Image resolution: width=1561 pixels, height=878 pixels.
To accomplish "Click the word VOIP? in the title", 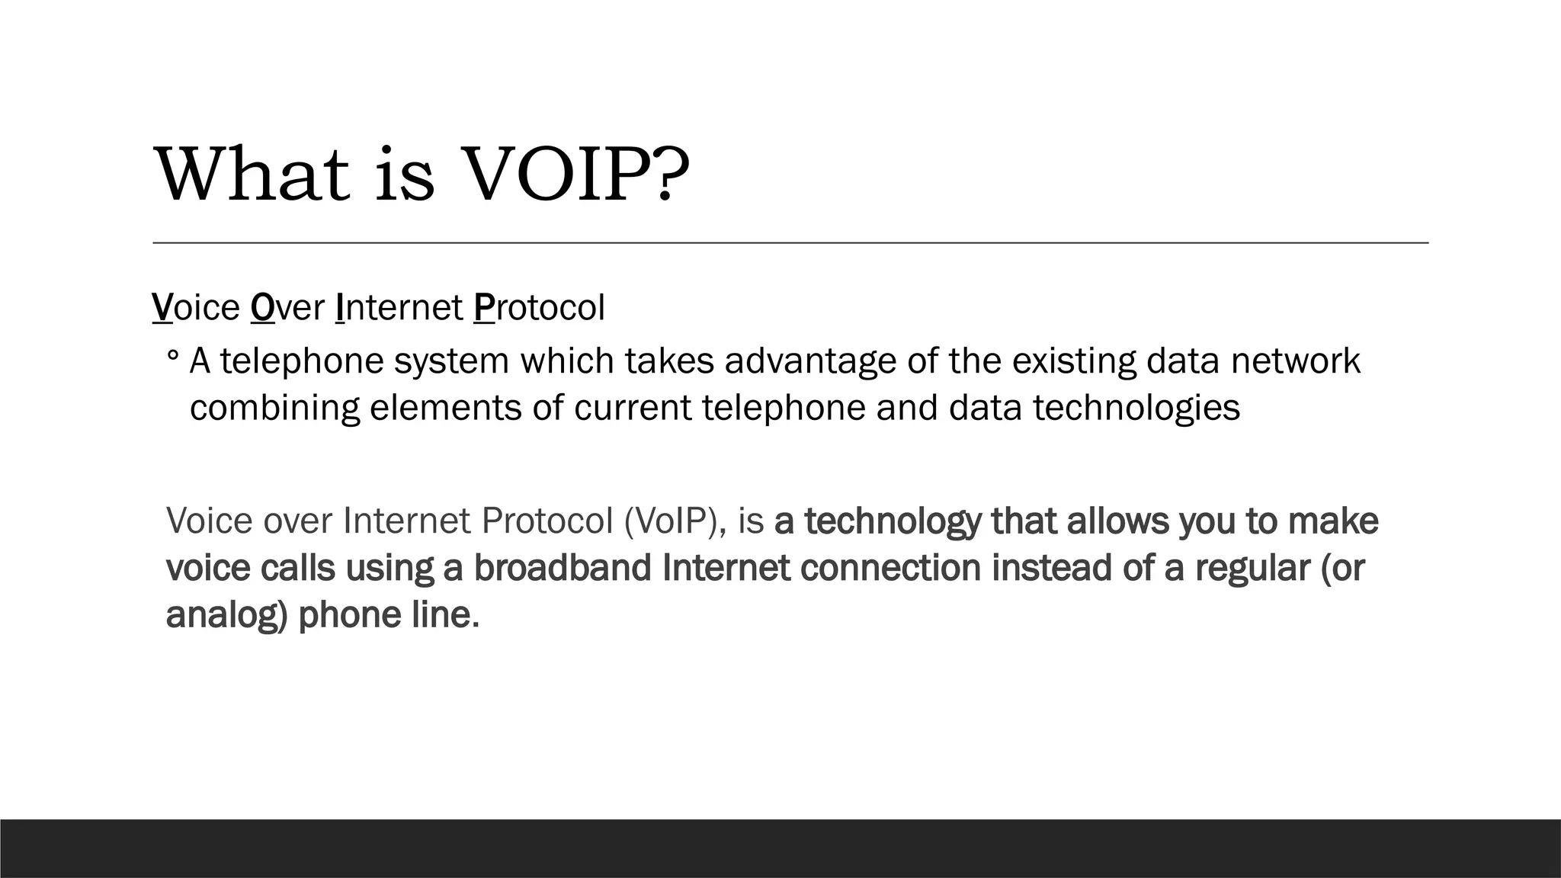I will (575, 175).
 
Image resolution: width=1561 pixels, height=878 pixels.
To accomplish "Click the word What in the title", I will (252, 175).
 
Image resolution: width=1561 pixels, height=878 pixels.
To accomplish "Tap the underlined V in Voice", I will (162, 308).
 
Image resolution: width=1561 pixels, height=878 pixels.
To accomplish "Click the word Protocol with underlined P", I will (539, 308).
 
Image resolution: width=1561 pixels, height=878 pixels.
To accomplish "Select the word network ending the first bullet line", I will (1295, 361).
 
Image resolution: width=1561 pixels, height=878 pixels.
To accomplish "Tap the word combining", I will (274, 408).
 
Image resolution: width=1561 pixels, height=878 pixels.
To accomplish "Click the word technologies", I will (1136, 408).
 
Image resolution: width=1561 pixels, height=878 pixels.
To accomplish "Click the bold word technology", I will (893, 521).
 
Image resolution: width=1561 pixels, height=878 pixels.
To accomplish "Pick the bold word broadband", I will (563, 569).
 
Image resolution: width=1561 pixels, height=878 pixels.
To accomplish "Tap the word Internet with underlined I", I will (399, 308).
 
